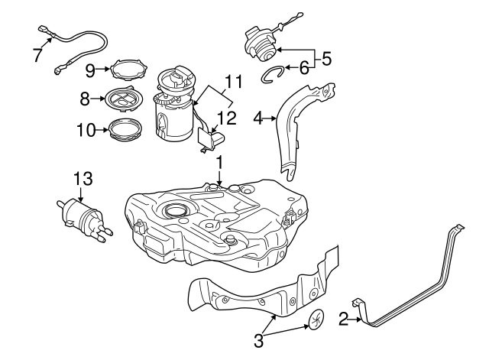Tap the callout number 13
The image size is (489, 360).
coord(83,178)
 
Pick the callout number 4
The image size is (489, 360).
coord(258,118)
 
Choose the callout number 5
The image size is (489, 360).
coord(326,58)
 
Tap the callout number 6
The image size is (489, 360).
coord(303,68)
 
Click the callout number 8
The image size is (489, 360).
coord(85,98)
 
